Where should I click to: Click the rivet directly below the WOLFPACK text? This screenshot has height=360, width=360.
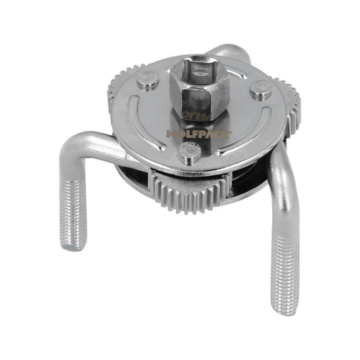(190, 155)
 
